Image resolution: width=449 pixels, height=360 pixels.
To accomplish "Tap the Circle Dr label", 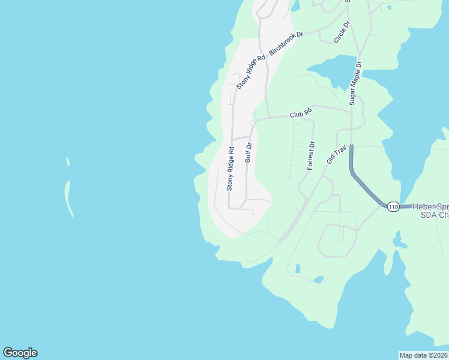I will [x=342, y=32].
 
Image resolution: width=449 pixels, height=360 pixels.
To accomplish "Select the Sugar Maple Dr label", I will [x=355, y=83].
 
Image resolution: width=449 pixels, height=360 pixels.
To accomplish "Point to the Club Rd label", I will [x=301, y=113].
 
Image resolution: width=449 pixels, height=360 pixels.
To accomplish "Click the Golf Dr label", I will [x=248, y=152].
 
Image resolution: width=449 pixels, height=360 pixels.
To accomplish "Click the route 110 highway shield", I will [x=393, y=206].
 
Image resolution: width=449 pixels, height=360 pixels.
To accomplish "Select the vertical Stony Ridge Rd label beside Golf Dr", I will [x=230, y=169].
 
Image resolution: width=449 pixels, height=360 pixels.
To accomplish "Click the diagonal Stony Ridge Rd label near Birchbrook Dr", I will [x=250, y=73].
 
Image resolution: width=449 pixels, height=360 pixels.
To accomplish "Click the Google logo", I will [x=20, y=353].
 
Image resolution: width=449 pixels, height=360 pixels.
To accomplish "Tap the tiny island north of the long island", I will [x=68, y=161].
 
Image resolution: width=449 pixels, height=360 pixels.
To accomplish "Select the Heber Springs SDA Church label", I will [x=430, y=211].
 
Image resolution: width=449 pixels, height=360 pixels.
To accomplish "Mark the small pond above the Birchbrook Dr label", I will [x=295, y=7].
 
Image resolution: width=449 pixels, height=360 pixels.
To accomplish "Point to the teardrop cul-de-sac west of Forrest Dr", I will [x=289, y=175].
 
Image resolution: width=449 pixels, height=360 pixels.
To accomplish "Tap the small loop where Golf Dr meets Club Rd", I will [x=252, y=122].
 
